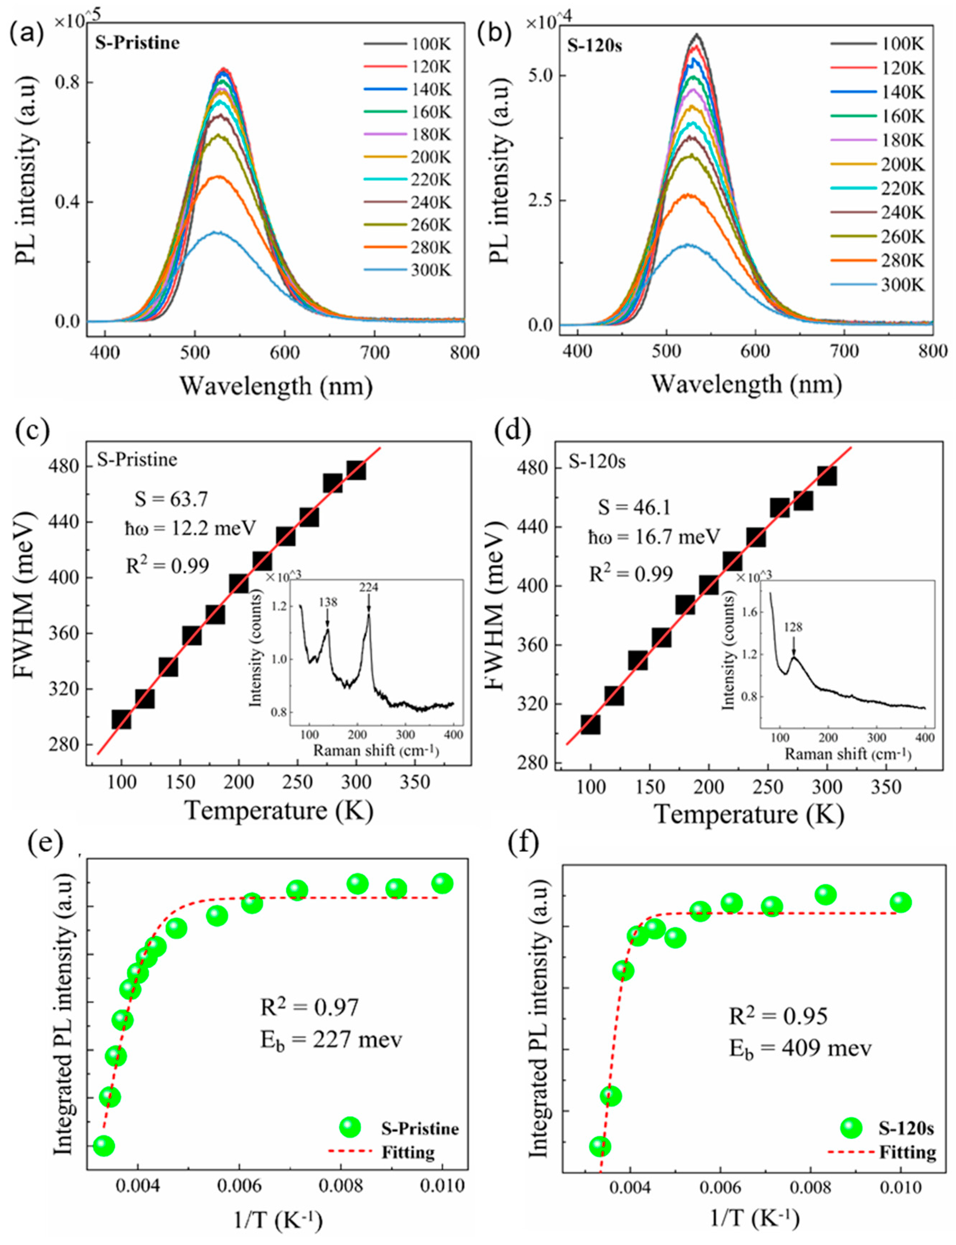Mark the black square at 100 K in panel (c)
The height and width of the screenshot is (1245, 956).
tap(121, 720)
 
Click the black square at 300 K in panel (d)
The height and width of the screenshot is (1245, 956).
tap(827, 476)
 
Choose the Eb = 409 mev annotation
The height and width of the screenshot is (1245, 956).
tap(800, 1048)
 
